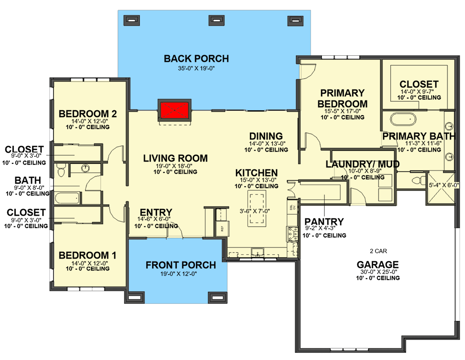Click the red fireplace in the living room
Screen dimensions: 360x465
point(175,110)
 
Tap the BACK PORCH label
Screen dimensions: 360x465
point(196,58)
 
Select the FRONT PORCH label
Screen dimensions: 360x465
point(181,265)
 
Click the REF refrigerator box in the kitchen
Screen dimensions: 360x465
point(221,228)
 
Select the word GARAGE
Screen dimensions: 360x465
point(378,265)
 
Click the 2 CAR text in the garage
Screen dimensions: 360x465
point(378,251)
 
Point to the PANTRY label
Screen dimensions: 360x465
point(324,221)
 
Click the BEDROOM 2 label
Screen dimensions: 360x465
point(88,114)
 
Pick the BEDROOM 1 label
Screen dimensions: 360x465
point(88,256)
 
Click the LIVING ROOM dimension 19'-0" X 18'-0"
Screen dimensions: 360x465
point(175,166)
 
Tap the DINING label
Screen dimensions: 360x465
point(266,136)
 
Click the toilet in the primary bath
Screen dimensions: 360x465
point(417,180)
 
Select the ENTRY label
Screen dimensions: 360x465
point(156,212)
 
